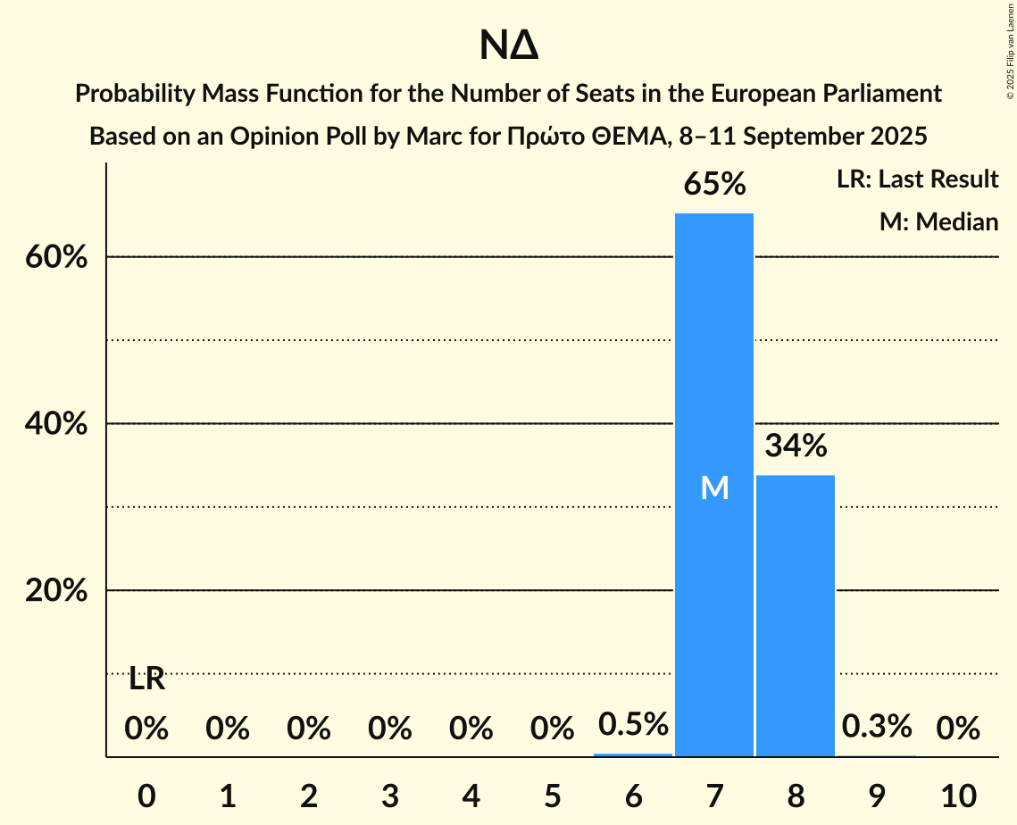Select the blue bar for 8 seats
pyautogui.click(x=796, y=616)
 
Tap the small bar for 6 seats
pyautogui.click(x=633, y=754)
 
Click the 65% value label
pyautogui.click(x=714, y=185)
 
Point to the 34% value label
pyautogui.click(x=796, y=446)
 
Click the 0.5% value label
pyautogui.click(x=633, y=724)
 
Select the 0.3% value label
pyautogui.click(x=877, y=726)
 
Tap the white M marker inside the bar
pyautogui.click(x=714, y=487)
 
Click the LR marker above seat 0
pyautogui.click(x=146, y=679)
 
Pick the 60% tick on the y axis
pyautogui.click(x=55, y=257)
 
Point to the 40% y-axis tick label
pyautogui.click(x=55, y=424)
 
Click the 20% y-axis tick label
pyautogui.click(x=55, y=591)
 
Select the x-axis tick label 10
pyautogui.click(x=958, y=796)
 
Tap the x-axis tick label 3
pyautogui.click(x=390, y=796)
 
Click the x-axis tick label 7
pyautogui.click(x=714, y=796)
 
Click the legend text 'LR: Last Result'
pyautogui.click(x=918, y=179)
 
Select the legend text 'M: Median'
pyautogui.click(x=938, y=221)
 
